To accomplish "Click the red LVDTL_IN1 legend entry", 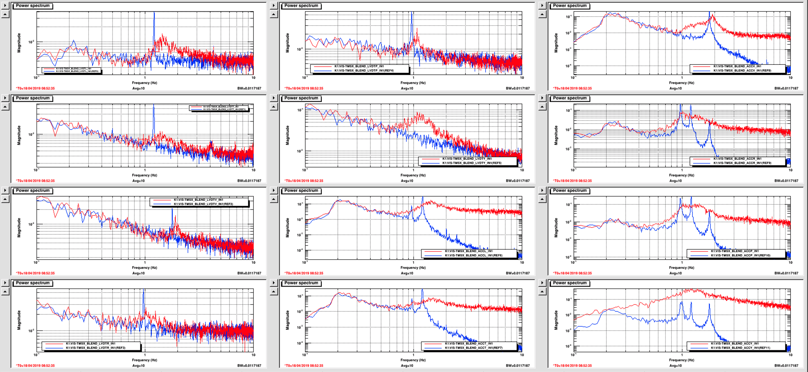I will (x=73, y=68).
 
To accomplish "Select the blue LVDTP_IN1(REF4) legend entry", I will (x=364, y=71).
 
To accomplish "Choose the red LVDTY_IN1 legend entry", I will (x=467, y=159).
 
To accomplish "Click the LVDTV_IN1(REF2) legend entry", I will (x=203, y=204).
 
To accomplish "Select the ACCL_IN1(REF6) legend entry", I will (x=473, y=256).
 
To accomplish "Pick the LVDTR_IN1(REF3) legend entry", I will (x=95, y=348).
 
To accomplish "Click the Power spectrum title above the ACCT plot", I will (x=301, y=283).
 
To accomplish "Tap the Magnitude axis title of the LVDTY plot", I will (x=287, y=135).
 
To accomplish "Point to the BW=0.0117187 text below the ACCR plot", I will (x=786, y=181).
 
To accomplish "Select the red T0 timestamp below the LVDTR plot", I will (x=35, y=366).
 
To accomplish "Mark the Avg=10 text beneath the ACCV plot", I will (x=676, y=88).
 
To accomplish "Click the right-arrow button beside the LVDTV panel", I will (x=5, y=190).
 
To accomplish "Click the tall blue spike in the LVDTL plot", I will (x=154, y=26).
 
